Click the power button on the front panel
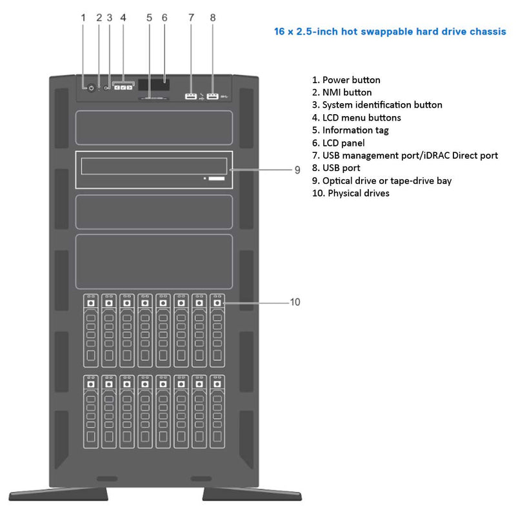tap(91, 88)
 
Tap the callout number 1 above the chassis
tap(83, 18)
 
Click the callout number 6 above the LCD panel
tap(164, 18)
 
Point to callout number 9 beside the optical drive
tap(297, 170)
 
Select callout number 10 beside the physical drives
tap(295, 302)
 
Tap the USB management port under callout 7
tap(190, 97)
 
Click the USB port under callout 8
tap(213, 97)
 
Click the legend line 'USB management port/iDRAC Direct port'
tap(405, 155)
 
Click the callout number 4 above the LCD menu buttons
tap(123, 18)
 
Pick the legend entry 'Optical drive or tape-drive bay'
tap(382, 181)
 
